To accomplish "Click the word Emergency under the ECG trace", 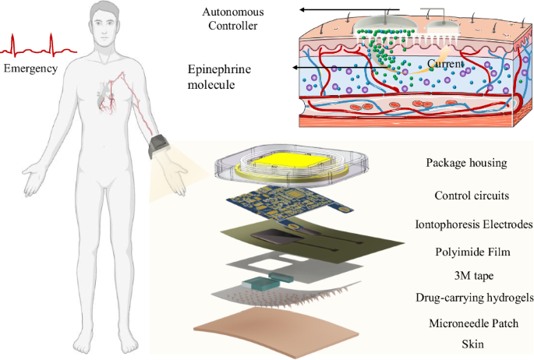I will (x=31, y=69).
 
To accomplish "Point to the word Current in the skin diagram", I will (x=447, y=63).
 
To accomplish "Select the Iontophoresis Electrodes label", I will (x=473, y=225).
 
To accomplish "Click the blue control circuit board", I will (x=292, y=200).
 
